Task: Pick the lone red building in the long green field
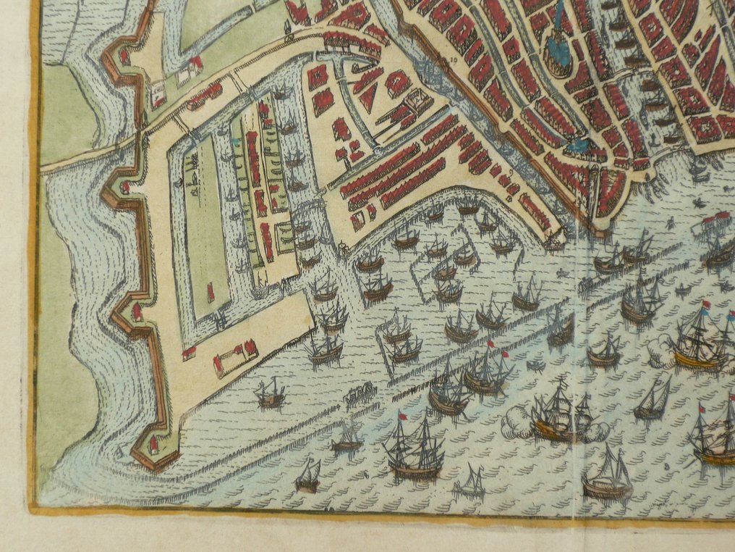211,293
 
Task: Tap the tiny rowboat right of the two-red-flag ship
536,364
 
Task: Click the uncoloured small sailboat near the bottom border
471,483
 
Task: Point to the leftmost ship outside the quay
271,393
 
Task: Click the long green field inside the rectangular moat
203,217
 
